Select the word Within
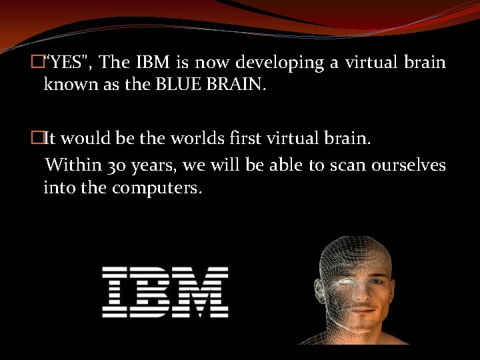pyautogui.click(x=74, y=164)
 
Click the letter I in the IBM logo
pyautogui.click(x=116, y=291)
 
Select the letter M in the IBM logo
pyautogui.click(x=203, y=291)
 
